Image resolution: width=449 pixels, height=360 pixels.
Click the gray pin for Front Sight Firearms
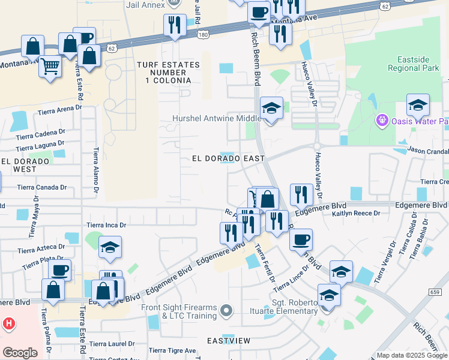click(226, 310)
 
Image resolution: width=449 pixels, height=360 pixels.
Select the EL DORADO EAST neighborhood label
click(228, 159)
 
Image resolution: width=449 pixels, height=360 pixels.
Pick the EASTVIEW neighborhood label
click(229, 340)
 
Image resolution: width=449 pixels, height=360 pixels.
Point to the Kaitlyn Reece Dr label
click(357, 214)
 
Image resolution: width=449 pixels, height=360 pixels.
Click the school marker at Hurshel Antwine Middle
click(271, 109)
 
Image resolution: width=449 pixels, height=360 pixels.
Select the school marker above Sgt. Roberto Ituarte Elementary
click(329, 295)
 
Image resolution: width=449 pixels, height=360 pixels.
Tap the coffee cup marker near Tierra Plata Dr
click(59, 270)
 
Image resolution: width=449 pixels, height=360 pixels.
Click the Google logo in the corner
click(20, 353)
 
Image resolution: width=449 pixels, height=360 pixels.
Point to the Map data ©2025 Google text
click(411, 355)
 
